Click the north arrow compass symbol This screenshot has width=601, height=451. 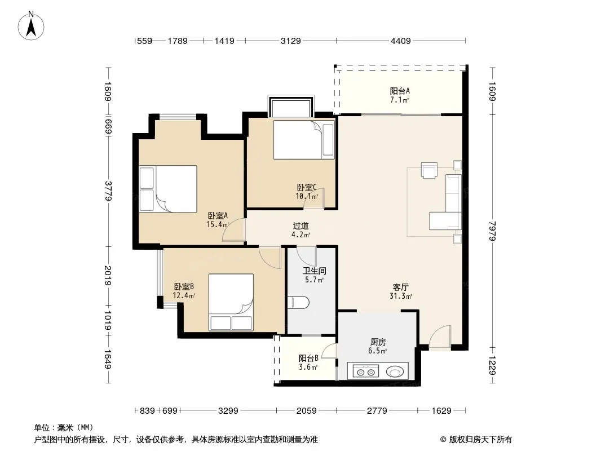(x=31, y=26)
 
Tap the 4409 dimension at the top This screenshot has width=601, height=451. (x=400, y=41)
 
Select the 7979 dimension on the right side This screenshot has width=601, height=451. (x=493, y=231)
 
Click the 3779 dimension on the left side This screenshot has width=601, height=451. (x=108, y=191)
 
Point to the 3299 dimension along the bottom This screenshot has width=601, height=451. (x=228, y=411)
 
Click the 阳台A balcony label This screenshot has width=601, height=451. (x=400, y=91)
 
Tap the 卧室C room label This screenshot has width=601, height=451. (x=307, y=187)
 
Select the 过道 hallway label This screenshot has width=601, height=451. (x=300, y=225)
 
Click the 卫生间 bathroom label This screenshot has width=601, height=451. (x=314, y=271)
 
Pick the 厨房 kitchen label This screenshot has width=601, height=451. (x=378, y=342)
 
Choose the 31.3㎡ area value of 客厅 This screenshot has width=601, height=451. (x=400, y=296)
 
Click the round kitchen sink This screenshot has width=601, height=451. (x=395, y=372)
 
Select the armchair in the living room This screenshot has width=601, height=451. (x=429, y=170)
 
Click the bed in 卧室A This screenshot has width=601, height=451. (x=168, y=189)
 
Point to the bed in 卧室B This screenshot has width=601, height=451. (x=231, y=302)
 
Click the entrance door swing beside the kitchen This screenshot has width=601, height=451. (x=440, y=337)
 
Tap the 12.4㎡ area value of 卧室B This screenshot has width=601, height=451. (x=184, y=295)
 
